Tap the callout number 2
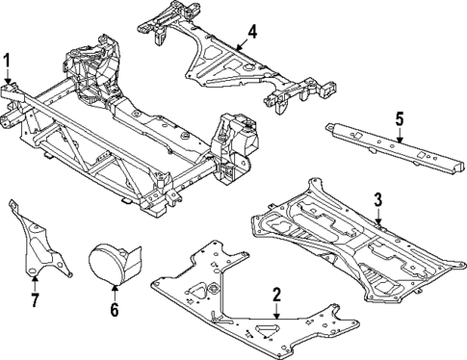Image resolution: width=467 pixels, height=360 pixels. (276, 295)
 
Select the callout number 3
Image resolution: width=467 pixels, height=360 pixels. (378, 199)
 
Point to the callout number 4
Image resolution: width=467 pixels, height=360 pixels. (251, 34)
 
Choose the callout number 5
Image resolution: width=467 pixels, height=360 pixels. (398, 122)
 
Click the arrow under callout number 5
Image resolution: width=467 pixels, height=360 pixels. (398, 138)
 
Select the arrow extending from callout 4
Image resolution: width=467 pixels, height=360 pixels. (239, 43)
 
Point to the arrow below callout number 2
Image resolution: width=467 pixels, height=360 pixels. (276, 311)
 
